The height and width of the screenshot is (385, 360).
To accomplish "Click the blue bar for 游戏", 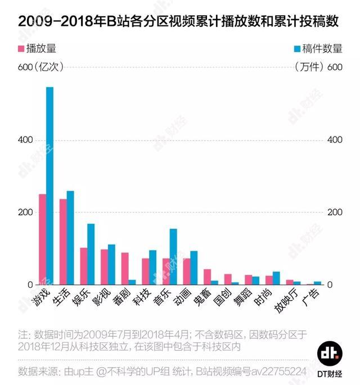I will tap(49, 185).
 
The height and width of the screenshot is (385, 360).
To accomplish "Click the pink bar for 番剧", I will tap(125, 269).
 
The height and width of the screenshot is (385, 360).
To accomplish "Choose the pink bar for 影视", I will tap(104, 267).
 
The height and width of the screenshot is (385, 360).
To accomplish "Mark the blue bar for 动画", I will tap(194, 268).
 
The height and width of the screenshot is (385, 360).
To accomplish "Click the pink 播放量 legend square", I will tap(22, 48).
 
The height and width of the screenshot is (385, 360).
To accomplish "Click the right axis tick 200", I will tap(335, 212).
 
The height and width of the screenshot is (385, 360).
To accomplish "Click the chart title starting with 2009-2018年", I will tap(179, 21).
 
